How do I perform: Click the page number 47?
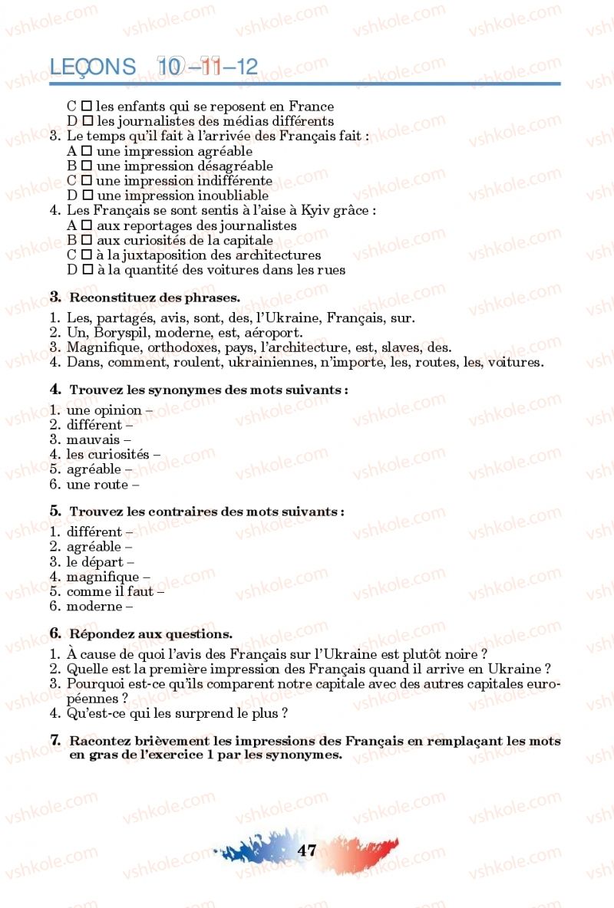[x=307, y=850]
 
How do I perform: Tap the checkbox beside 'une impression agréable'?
[x=87, y=151]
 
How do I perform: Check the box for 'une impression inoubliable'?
[x=87, y=196]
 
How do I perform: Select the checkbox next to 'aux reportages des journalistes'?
[x=87, y=225]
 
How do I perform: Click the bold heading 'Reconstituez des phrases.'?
[x=154, y=298]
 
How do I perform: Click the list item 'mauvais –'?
[x=98, y=439]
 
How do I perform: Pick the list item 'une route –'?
[x=102, y=484]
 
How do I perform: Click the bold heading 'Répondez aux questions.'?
[x=150, y=634]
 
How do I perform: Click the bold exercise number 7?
[x=55, y=741]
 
